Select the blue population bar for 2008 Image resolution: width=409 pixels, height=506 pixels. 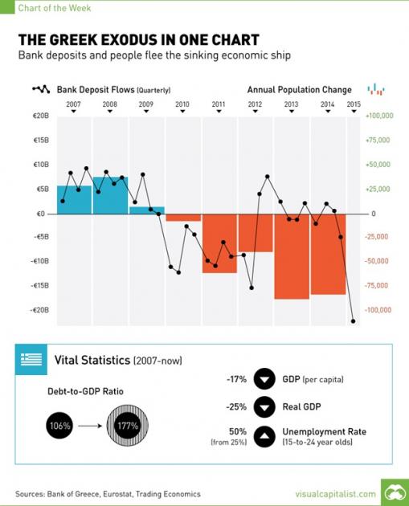click(x=110, y=195)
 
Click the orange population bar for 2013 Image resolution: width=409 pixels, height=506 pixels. click(x=291, y=255)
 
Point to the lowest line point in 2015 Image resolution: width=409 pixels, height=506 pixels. click(x=353, y=321)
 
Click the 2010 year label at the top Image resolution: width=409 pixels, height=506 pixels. click(x=182, y=104)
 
